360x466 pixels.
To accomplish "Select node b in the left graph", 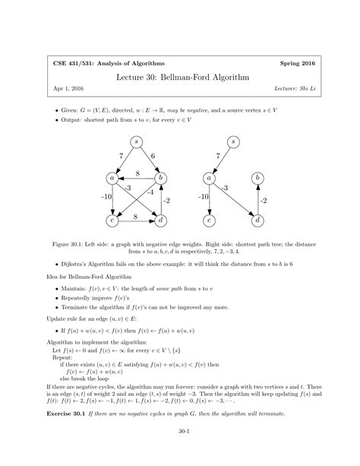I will (x=161, y=179).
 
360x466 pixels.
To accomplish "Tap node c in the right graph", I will (x=208, y=220).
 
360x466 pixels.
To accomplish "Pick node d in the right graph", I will (x=258, y=220).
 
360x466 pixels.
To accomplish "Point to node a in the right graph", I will (x=208, y=179).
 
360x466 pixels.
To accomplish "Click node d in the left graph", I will (x=161, y=220).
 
